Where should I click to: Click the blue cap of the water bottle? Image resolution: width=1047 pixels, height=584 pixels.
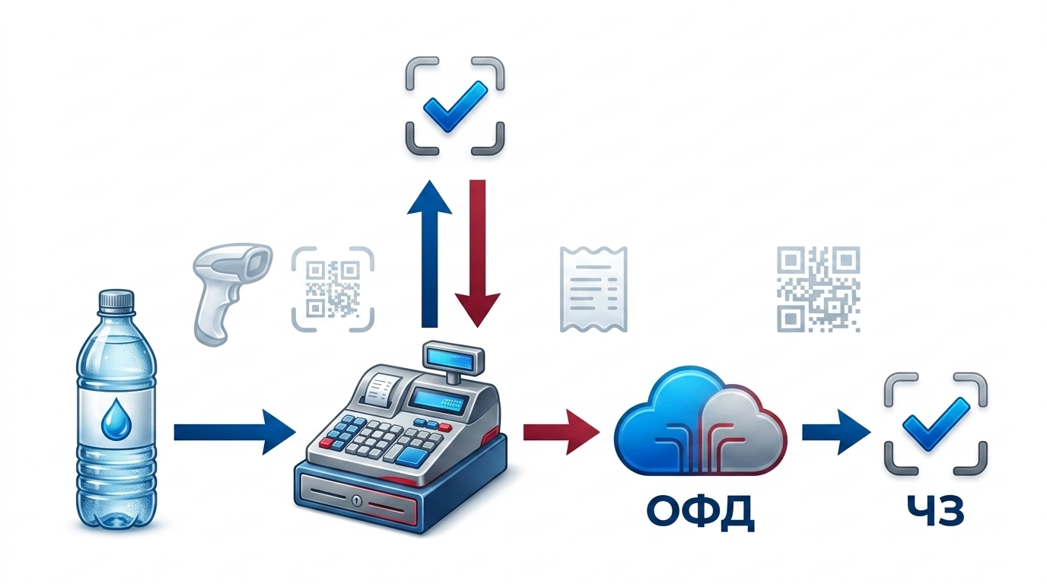(116, 300)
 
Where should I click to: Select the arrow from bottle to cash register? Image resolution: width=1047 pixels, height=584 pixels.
(234, 432)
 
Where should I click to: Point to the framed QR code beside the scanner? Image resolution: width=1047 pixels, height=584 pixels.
(333, 289)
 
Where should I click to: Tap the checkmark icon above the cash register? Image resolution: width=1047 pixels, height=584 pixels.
(454, 106)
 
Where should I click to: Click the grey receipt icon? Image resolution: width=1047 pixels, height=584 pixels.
(594, 289)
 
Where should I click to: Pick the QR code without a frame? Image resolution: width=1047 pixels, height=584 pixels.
(818, 289)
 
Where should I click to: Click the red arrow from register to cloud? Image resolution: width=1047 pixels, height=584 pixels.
(562, 432)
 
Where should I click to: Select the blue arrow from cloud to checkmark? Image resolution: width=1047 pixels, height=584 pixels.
(836, 432)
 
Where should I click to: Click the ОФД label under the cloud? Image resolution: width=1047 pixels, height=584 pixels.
(701, 513)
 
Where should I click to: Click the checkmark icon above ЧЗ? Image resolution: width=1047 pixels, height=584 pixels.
(936, 424)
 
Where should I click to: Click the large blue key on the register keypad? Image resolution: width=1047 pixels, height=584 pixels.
(415, 455)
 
